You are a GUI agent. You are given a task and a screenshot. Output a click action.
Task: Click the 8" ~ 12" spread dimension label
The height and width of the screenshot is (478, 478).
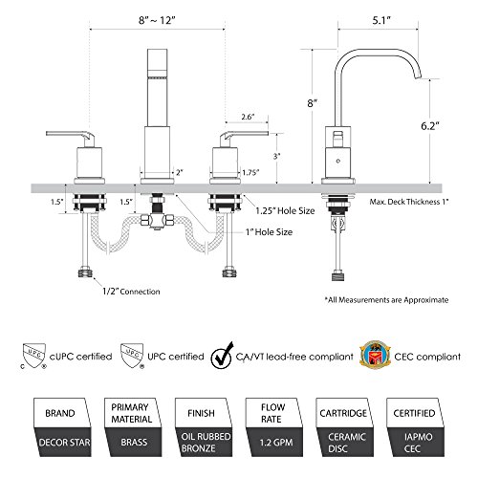(x=157, y=20)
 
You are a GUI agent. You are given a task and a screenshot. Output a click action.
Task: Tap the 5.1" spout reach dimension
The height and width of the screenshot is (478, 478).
(x=381, y=20)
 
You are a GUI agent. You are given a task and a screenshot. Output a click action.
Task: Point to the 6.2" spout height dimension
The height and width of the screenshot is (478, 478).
(x=430, y=126)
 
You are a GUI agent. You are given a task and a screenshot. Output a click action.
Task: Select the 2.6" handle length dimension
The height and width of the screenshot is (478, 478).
(x=248, y=117)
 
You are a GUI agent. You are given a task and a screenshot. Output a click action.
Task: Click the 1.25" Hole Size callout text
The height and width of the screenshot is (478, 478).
(x=285, y=210)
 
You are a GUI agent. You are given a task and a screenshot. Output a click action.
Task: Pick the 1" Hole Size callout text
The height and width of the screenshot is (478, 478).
(x=269, y=232)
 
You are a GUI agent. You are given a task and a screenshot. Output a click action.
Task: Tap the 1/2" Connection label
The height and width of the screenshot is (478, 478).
(x=131, y=292)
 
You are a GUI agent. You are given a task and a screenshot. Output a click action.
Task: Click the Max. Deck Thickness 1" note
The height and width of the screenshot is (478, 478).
(x=409, y=202)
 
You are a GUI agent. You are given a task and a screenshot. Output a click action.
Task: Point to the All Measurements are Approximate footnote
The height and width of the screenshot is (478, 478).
(x=386, y=300)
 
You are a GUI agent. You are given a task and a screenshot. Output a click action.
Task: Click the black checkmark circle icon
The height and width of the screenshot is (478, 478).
(x=222, y=357)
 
